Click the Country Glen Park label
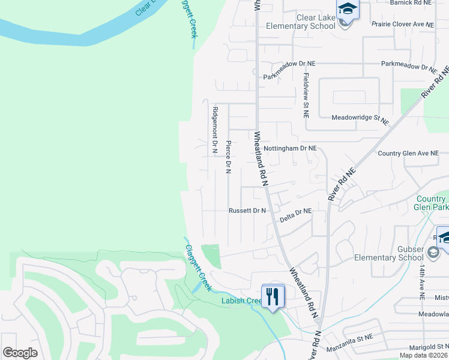[431, 203]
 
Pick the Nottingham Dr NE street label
[290, 148]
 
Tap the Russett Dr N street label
[247, 211]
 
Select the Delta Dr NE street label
[296, 211]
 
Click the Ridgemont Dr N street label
[214, 131]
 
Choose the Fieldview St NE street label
[306, 95]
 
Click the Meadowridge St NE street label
[360, 119]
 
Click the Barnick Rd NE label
[411, 3]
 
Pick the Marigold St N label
[424, 346]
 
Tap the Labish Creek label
[240, 301]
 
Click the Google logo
[20, 352]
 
